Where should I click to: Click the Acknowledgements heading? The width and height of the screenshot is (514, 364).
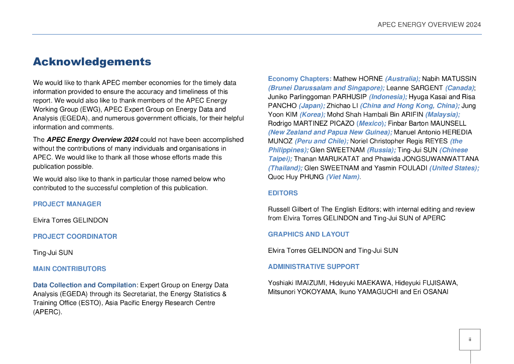(92, 62)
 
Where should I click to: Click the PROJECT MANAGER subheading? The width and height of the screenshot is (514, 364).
(67, 204)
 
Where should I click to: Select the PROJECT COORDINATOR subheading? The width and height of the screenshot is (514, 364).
(75, 236)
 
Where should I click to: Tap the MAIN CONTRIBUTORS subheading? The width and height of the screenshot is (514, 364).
(69, 268)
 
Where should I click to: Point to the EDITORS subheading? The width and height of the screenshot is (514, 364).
(283, 193)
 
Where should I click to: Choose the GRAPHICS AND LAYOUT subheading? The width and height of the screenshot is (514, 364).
(308, 234)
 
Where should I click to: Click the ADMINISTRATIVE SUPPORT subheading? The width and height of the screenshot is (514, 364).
(313, 266)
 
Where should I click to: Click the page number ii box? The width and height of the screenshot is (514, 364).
(469, 339)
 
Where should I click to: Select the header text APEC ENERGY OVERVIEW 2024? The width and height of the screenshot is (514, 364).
(429, 25)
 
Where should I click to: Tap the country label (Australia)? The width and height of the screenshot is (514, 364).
(403, 79)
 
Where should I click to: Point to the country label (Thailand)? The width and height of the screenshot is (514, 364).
(285, 168)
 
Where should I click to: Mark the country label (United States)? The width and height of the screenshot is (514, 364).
(454, 168)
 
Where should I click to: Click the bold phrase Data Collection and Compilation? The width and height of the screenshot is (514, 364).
(84, 285)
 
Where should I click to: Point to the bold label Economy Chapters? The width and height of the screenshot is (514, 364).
(299, 79)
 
